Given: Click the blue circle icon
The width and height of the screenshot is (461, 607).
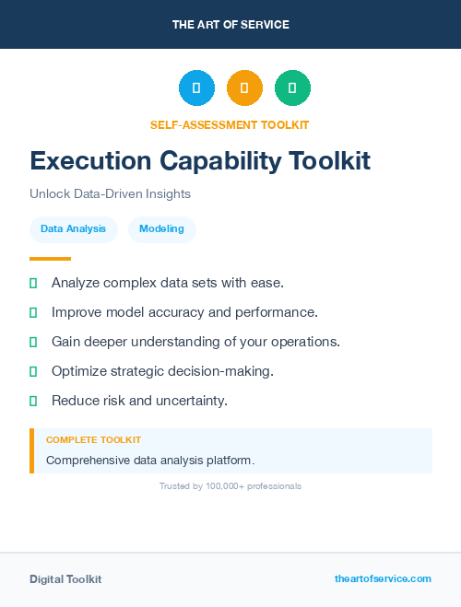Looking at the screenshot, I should click(196, 88).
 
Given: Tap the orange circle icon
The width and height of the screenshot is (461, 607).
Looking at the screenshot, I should click(244, 88).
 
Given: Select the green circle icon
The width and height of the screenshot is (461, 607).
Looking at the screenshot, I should click(292, 88).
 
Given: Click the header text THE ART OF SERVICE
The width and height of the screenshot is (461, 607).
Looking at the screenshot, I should click(230, 24).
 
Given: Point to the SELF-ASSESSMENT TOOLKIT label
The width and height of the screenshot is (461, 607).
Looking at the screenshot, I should click(230, 124).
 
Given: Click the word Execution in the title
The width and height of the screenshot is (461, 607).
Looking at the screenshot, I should click(89, 161).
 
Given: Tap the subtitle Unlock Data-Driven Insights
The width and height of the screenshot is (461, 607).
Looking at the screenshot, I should click(110, 194).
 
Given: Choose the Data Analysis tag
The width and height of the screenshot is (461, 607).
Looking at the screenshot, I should click(73, 228).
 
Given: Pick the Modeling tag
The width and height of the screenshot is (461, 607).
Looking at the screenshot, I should click(162, 228).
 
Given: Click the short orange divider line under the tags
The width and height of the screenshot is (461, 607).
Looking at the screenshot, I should click(50, 259).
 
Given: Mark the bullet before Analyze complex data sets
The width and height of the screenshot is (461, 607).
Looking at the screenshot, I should click(33, 283).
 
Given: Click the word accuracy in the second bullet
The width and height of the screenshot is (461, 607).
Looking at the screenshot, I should click(188, 312).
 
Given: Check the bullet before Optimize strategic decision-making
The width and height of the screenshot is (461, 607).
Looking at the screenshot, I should click(33, 371).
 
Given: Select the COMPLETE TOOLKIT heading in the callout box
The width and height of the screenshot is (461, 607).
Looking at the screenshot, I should click(93, 440).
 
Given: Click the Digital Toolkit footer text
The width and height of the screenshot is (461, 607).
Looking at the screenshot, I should click(65, 579).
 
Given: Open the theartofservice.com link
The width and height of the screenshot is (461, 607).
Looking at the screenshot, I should click(383, 578).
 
